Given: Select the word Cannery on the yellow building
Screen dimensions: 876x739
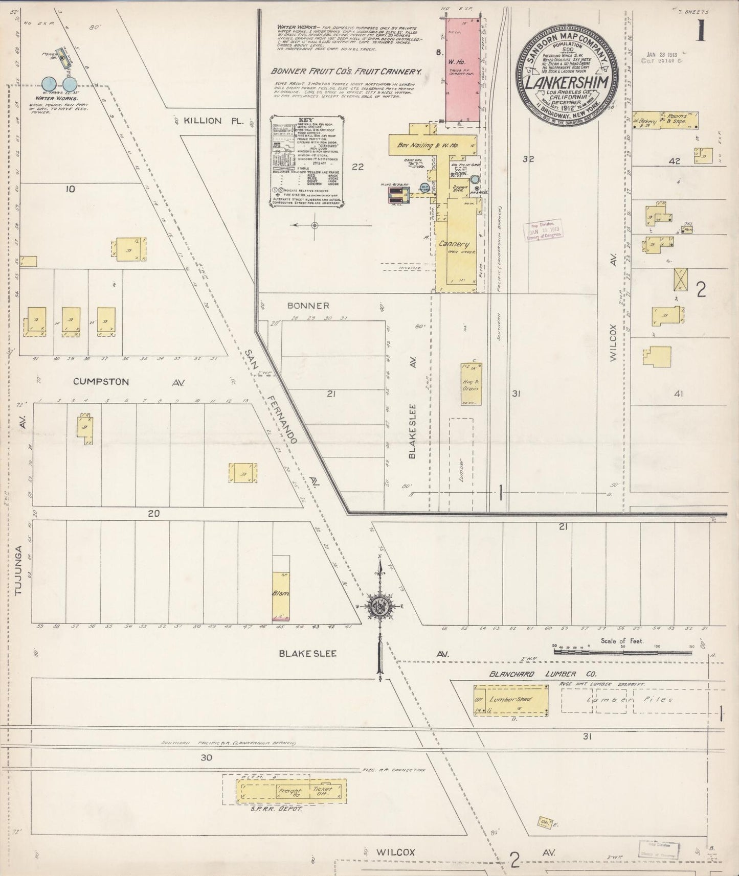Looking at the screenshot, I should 454,244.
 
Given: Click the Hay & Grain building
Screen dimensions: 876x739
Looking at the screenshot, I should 471,384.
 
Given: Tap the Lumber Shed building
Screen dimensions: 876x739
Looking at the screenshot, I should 511,699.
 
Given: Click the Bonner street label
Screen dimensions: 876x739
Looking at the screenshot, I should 308,306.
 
